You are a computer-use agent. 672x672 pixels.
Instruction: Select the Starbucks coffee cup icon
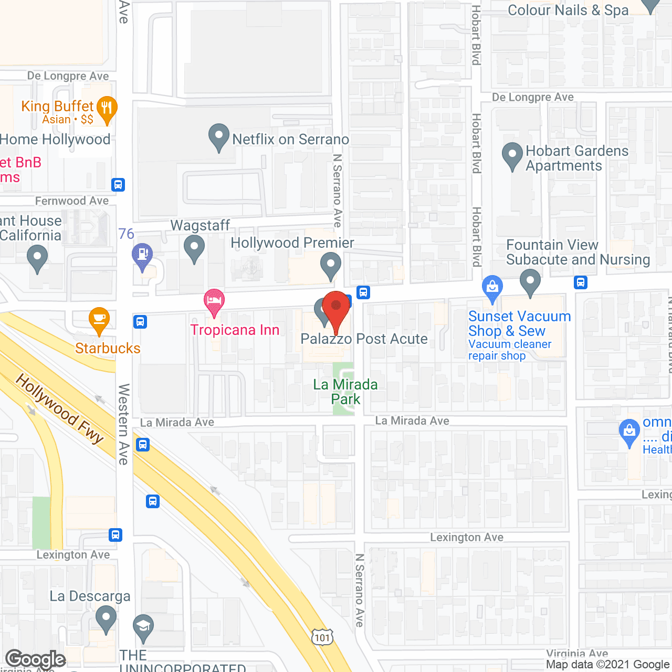tap(99, 319)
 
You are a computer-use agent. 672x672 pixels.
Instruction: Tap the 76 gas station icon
tap(142, 256)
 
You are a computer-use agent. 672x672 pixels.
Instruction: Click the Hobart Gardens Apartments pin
tap(512, 155)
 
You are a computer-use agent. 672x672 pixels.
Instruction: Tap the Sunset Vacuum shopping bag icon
tap(492, 288)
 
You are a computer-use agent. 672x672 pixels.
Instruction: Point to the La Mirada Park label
tap(345, 392)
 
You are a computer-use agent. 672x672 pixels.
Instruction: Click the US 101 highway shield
tap(322, 637)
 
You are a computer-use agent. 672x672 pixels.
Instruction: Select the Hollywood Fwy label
tap(59, 408)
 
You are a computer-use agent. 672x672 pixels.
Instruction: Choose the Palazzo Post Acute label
tap(364, 339)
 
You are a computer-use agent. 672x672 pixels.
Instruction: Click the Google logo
tap(36, 659)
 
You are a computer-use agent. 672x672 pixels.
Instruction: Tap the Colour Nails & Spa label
tap(568, 10)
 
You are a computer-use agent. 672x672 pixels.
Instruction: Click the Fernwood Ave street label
tap(72, 201)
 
